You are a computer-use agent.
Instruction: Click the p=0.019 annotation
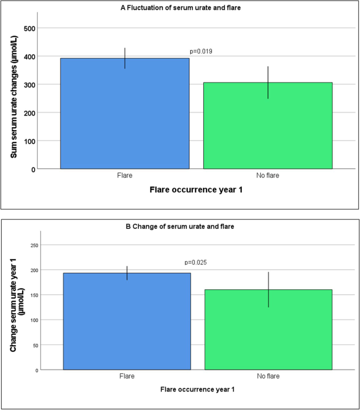click(201, 51)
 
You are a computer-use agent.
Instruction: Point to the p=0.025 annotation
click(196, 262)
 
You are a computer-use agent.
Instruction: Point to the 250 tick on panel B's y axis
click(49, 245)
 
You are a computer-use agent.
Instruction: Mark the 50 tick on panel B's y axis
click(51, 345)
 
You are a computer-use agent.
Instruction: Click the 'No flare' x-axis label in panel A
click(268, 175)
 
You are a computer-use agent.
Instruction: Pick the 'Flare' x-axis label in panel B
click(127, 376)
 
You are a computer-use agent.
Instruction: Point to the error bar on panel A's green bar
click(268, 82)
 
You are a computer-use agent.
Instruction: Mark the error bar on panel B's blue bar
click(127, 273)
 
